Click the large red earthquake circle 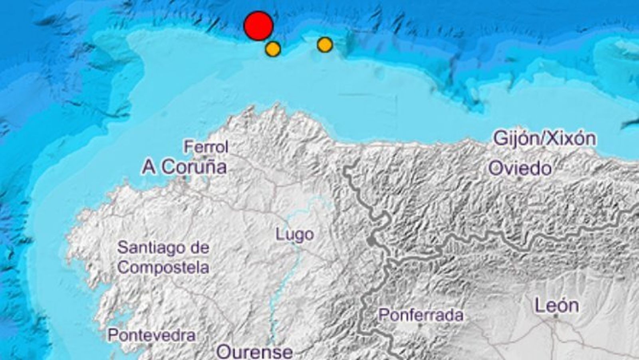(258, 26)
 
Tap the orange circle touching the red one (273, 49)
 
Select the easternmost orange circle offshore (325, 45)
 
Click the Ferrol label (206, 147)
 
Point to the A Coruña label (185, 167)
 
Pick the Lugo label (295, 234)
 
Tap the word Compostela (163, 267)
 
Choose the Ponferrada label (421, 315)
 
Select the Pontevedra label (152, 335)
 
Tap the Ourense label (254, 352)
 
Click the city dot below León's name (556, 316)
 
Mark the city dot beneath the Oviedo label (519, 178)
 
